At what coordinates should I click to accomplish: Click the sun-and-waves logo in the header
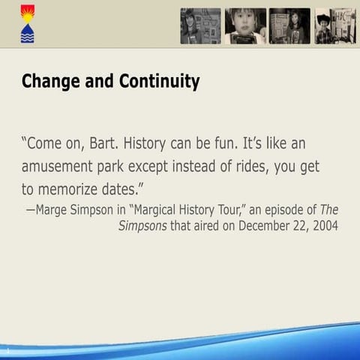pyautogui.click(x=26, y=23)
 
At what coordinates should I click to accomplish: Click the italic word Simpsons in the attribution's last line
pyautogui.click(x=142, y=224)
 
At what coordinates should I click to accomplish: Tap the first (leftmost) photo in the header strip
pyautogui.click(x=200, y=26)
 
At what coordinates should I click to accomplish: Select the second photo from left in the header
pyautogui.click(x=245, y=26)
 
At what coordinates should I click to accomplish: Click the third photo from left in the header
pyautogui.click(x=289, y=26)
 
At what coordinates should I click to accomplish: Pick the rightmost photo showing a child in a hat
pyautogui.click(x=334, y=26)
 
